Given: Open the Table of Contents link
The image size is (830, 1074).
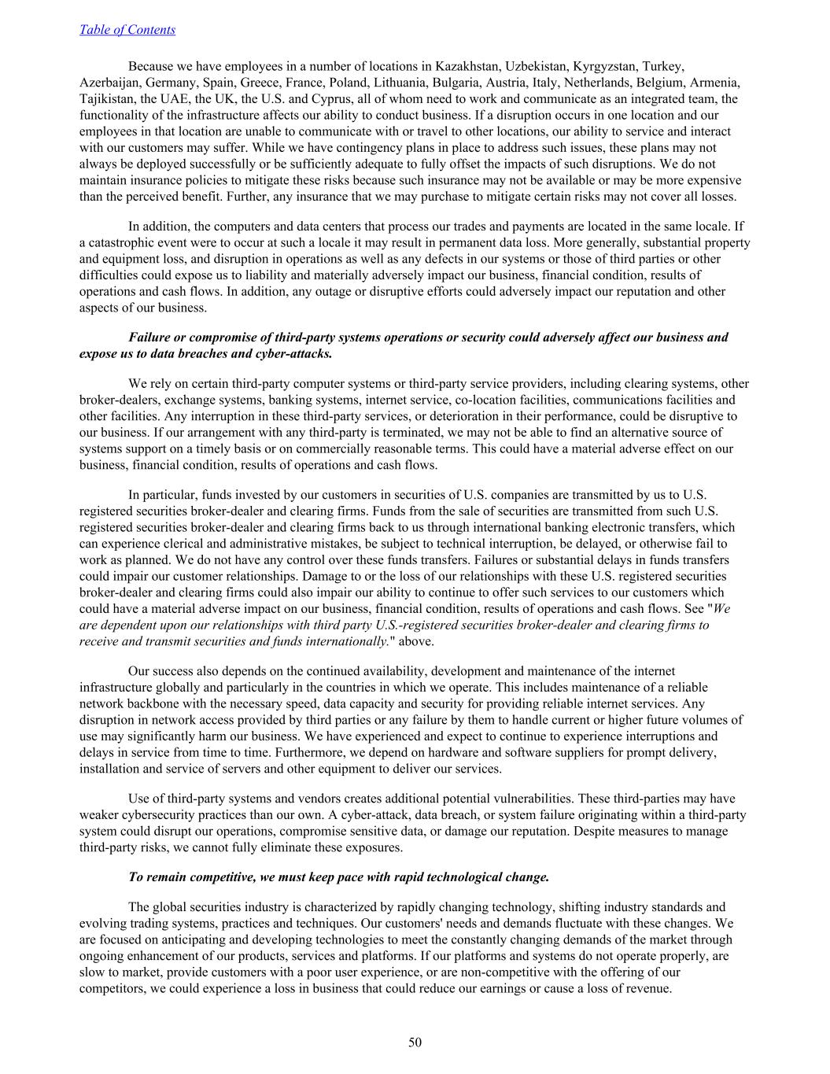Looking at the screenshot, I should point(127,30).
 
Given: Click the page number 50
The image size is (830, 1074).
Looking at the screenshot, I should point(415,1043).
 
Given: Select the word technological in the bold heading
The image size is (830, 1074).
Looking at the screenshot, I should point(461,877).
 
